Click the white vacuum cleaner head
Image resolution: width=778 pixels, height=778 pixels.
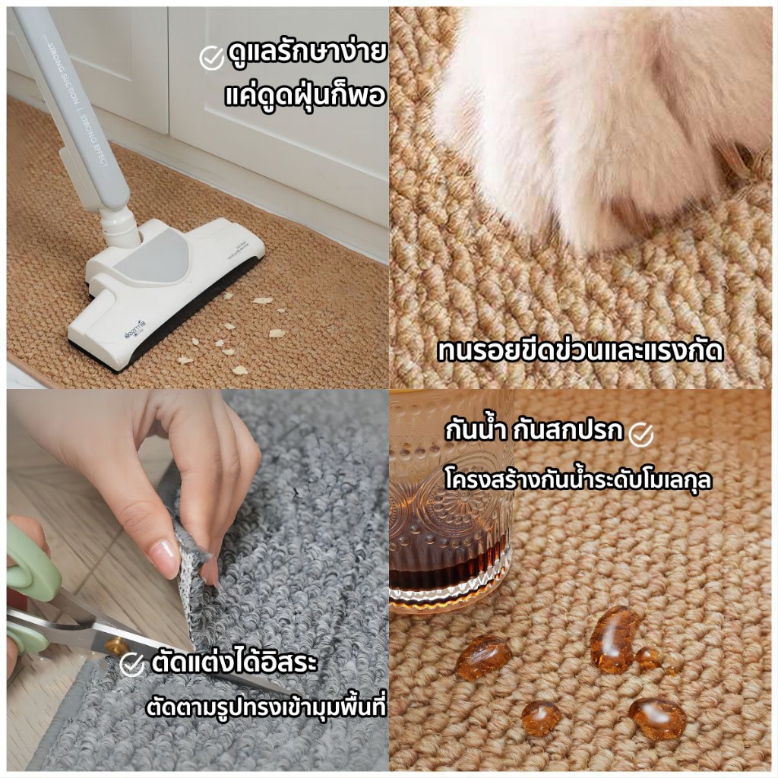pos(164,293)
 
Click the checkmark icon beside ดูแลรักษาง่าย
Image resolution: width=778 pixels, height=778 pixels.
pos(212,58)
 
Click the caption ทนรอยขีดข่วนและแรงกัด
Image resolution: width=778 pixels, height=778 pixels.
pos(580,351)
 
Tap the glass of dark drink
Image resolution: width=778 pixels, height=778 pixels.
pos(449,501)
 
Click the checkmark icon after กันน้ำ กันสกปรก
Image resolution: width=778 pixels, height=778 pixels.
pos(640,435)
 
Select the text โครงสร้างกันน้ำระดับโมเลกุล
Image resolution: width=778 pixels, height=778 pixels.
pos(578,480)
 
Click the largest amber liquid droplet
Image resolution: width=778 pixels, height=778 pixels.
pos(614,639)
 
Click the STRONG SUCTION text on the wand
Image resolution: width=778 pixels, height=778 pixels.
pos(63,74)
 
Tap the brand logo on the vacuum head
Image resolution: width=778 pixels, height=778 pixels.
pos(135,330)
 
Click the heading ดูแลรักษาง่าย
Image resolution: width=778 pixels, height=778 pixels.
pos(307,53)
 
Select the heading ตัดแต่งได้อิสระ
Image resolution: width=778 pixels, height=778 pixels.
pos(234,663)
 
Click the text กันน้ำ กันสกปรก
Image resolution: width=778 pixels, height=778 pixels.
pos(533,429)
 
